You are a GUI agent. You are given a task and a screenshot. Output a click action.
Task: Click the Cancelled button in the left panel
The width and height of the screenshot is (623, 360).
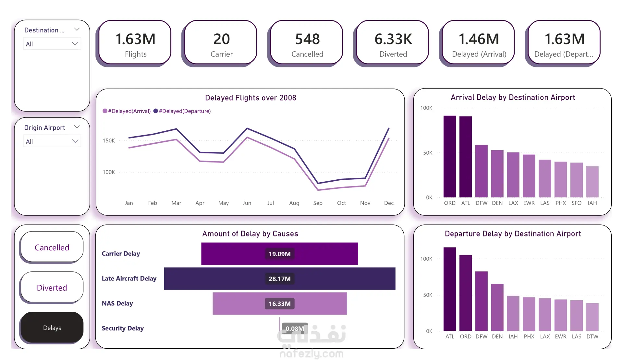[x=52, y=247]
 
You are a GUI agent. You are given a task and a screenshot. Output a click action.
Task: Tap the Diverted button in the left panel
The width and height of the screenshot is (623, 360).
[x=52, y=287]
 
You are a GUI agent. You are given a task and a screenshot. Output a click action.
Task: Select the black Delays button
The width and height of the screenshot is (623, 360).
[x=52, y=328]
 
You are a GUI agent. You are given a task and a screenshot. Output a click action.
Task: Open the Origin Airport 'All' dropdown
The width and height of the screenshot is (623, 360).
[x=52, y=141]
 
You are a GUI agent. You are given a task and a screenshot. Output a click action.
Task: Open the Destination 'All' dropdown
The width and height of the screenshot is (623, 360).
[x=52, y=44]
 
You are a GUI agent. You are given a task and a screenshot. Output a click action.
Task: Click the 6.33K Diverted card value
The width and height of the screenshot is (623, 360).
[x=393, y=39]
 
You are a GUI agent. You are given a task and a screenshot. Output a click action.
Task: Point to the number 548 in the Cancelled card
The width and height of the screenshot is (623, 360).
[x=307, y=39]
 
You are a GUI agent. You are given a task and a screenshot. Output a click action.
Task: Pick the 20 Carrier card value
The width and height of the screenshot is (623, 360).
[x=222, y=39]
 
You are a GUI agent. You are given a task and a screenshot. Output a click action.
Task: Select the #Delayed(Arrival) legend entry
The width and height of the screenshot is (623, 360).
[x=127, y=111]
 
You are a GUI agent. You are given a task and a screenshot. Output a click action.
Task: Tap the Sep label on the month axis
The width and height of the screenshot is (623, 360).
[x=318, y=203]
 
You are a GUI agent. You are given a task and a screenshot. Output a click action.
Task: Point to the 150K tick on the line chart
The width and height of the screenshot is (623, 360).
[x=109, y=141]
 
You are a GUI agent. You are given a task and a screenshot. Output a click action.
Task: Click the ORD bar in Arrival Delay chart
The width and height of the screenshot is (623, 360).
[x=450, y=156]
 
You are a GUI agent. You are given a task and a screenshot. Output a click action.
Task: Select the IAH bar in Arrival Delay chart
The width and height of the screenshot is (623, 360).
[x=592, y=182]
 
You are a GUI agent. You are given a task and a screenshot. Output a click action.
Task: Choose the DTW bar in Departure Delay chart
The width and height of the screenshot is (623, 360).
[x=592, y=317]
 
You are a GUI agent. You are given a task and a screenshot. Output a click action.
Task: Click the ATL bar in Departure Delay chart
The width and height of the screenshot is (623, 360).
[x=450, y=289]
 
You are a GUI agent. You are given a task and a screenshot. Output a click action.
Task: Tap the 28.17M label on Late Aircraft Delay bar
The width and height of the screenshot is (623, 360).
[x=279, y=279]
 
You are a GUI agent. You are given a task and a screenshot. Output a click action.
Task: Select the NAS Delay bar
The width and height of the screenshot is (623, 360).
[x=279, y=304]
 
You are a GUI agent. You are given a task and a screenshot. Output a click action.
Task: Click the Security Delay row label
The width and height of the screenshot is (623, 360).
[x=123, y=328]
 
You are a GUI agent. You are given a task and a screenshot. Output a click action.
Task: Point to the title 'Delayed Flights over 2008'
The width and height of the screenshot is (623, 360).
[x=250, y=98]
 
